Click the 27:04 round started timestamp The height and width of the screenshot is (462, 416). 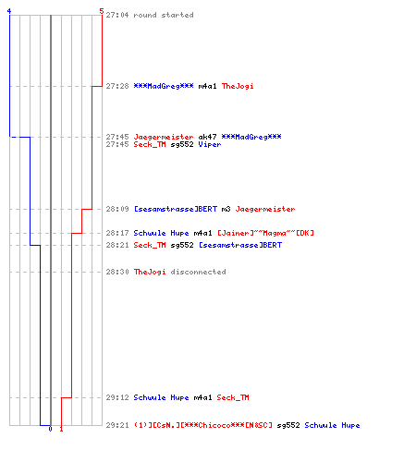pos(117,15)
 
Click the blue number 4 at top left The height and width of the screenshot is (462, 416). pos(9,11)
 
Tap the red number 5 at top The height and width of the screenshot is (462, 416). pos(102,11)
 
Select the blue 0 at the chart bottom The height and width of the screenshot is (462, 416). pos(50,429)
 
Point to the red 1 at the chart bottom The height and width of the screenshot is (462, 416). pos(61,429)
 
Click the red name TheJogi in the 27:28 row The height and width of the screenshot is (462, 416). pos(238,86)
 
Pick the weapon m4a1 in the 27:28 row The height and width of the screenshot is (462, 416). pos(207,86)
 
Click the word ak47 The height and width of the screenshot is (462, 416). pos(207,137)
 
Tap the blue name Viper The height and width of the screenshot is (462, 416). pos(210,144)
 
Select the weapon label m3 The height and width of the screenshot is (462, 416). pos(226,209)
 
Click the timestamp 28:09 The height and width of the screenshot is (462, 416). pos(117,209)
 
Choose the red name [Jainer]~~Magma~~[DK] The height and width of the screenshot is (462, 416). pos(265,233)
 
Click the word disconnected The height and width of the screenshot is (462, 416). pos(198,272)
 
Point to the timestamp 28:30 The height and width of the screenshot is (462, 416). pos(117,272)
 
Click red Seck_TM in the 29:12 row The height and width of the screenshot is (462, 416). pos(233,397)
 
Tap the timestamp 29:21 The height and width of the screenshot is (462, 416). pos(117,425)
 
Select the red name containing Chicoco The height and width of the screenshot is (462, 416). pos(203,425)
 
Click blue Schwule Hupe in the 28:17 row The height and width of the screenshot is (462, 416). pos(161,233)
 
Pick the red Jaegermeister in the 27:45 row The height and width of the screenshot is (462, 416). pos(164,137)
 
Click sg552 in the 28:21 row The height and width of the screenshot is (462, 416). pos(182,245)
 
